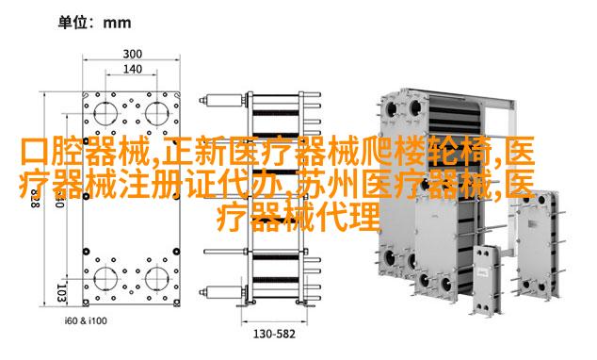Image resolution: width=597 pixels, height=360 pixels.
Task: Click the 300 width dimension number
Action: click(132, 54)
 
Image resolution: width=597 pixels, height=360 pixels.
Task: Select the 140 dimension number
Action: click(132, 69)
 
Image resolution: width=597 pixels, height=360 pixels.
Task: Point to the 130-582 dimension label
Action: click(274, 335)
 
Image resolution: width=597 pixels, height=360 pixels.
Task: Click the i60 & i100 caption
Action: click(86, 320)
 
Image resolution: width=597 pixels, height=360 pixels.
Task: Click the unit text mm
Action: click(118, 24)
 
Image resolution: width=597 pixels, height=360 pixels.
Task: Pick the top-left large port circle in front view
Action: click(105, 113)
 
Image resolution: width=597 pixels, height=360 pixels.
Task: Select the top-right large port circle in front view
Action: click(156, 113)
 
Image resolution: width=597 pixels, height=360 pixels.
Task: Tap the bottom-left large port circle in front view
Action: click(105, 278)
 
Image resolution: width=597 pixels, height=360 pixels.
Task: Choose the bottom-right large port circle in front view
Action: click(156, 278)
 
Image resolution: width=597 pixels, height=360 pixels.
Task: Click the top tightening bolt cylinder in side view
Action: click(223, 101)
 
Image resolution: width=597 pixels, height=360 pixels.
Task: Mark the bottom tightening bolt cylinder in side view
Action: click(223, 292)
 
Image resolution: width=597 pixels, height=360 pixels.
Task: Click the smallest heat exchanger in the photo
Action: click(486, 279)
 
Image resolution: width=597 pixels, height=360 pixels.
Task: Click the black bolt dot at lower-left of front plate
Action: click(87, 252)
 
